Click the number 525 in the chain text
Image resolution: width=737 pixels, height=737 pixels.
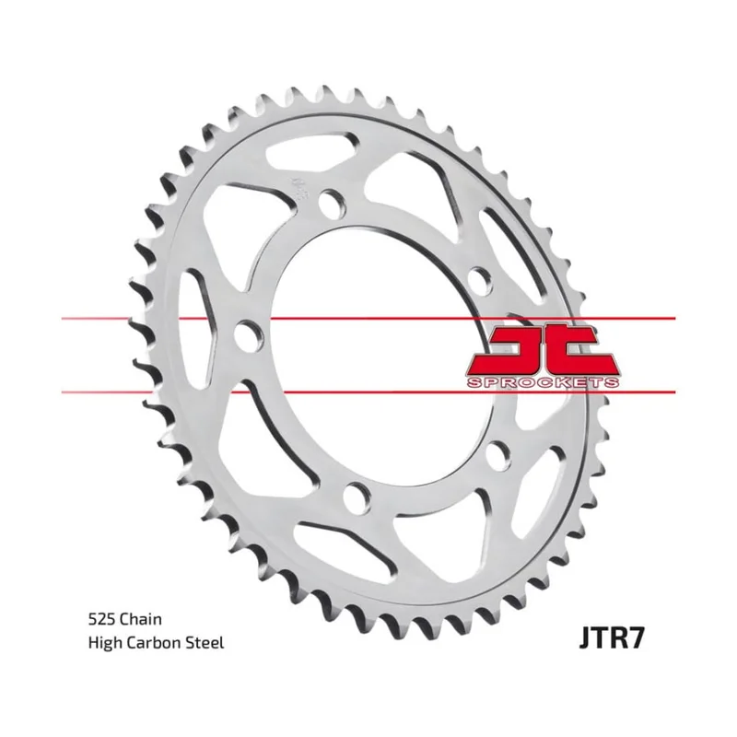[101, 619]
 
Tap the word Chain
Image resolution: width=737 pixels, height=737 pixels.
[140, 619]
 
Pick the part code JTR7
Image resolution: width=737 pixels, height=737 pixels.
[612, 638]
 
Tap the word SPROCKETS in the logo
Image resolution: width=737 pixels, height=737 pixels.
[543, 382]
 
